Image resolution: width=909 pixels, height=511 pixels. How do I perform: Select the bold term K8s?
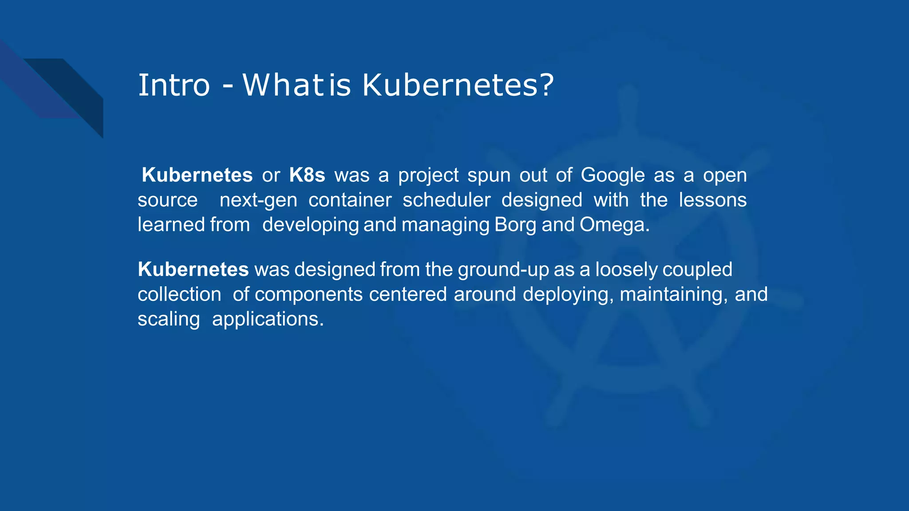pyautogui.click(x=307, y=175)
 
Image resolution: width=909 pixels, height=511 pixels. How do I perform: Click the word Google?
pyautogui.click(x=613, y=175)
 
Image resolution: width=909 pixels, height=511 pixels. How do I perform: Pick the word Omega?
pyautogui.click(x=614, y=225)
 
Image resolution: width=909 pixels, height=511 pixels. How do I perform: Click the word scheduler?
pyautogui.click(x=447, y=200)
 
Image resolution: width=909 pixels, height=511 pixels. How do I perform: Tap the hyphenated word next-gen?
pyautogui.click(x=258, y=200)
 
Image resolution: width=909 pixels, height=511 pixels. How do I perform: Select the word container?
pyautogui.click(x=350, y=200)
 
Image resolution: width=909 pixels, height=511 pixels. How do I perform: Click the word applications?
pyautogui.click(x=268, y=319)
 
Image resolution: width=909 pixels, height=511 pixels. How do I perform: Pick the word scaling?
pyautogui.click(x=169, y=319)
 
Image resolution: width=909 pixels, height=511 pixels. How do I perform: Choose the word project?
pyautogui.click(x=428, y=175)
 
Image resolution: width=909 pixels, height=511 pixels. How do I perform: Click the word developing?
pyautogui.click(x=310, y=225)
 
